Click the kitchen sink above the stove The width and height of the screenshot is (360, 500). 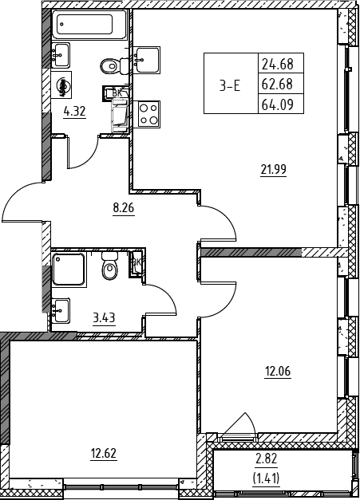click(x=147, y=60)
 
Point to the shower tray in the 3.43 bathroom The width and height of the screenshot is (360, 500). click(x=69, y=270)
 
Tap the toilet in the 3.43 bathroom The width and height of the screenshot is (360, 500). click(x=110, y=266)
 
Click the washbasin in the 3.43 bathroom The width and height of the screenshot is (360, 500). click(x=61, y=310)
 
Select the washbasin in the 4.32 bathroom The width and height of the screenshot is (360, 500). click(x=61, y=55)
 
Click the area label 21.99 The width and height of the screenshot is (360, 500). click(x=274, y=169)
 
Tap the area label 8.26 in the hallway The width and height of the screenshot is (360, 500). click(x=124, y=208)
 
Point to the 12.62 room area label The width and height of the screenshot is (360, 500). click(x=104, y=453)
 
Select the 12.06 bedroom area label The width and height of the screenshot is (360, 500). click(x=278, y=372)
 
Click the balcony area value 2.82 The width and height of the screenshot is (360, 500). click(x=267, y=459)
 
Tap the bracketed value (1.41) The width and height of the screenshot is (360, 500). click(x=266, y=478)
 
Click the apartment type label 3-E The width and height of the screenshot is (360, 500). click(x=230, y=86)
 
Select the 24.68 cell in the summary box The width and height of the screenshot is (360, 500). click(x=278, y=65)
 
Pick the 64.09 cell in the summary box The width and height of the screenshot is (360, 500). click(x=278, y=104)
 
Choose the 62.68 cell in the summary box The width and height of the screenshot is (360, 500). click(x=278, y=85)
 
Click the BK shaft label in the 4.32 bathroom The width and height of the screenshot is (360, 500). click(x=117, y=93)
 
